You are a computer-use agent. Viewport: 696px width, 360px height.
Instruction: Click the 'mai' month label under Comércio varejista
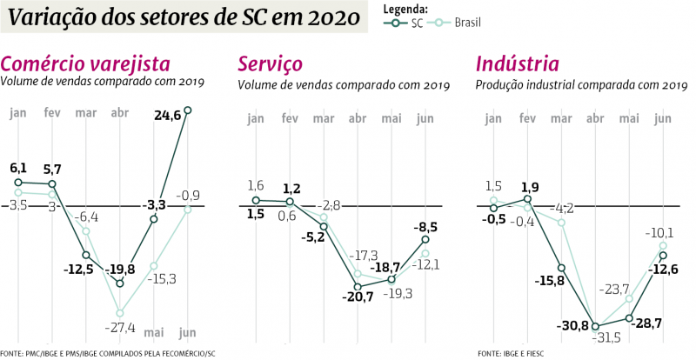point(153,331)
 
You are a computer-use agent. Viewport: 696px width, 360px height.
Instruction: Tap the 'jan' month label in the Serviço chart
point(255,118)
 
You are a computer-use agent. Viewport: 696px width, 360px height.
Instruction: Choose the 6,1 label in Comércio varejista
point(17,169)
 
